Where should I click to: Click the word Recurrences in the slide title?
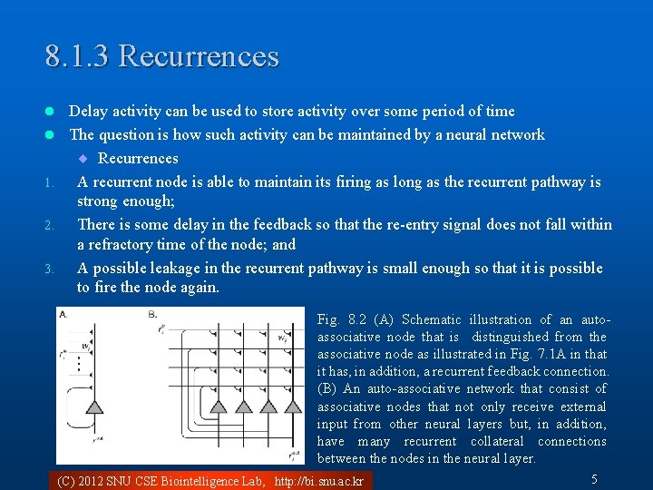pyautogui.click(x=199, y=56)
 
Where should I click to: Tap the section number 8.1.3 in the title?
pyautogui.click(x=78, y=56)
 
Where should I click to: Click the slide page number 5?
pyautogui.click(x=594, y=478)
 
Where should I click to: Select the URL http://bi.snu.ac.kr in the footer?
pyautogui.click(x=318, y=481)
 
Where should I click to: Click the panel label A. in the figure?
pyautogui.click(x=63, y=314)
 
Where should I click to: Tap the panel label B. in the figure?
pyautogui.click(x=152, y=314)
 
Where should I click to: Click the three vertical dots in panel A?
pyautogui.click(x=80, y=364)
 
